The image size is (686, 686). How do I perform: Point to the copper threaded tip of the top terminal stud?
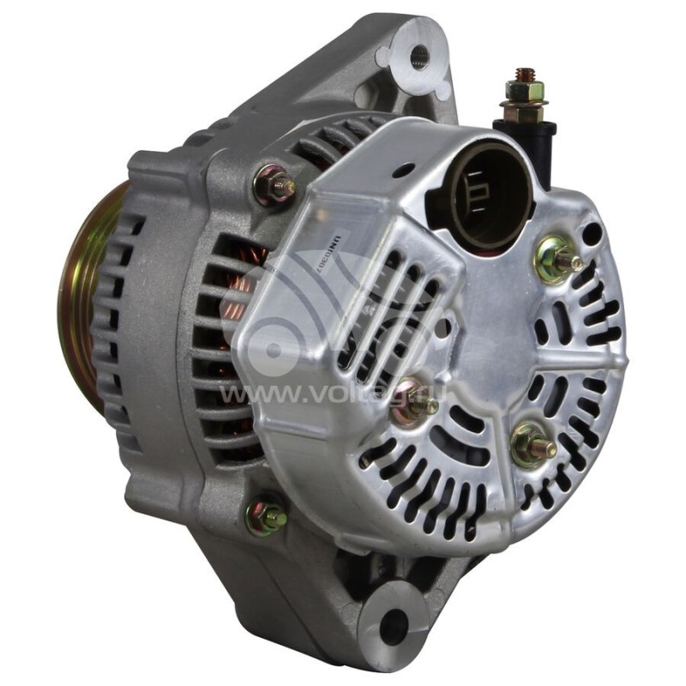pyautogui.click(x=525, y=75)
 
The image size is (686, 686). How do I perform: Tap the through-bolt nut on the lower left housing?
pyautogui.click(x=266, y=516)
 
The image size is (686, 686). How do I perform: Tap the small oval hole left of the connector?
pyautogui.click(x=403, y=171)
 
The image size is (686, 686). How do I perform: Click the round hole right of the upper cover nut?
pyautogui.click(x=591, y=232)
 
